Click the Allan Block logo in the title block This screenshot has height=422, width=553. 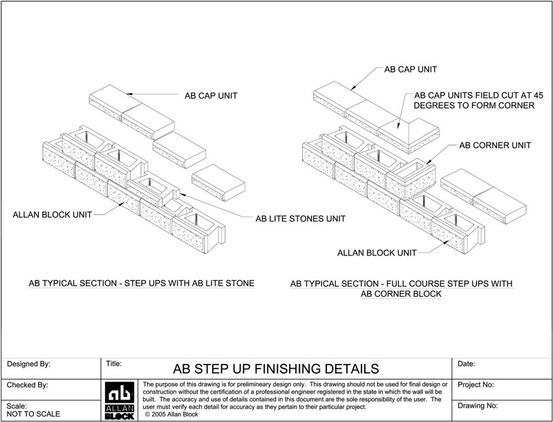click(120, 399)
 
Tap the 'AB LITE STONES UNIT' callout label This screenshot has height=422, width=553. click(301, 218)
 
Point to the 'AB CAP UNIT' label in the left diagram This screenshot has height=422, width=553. click(214, 95)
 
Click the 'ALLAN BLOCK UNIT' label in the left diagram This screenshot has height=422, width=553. click(50, 215)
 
